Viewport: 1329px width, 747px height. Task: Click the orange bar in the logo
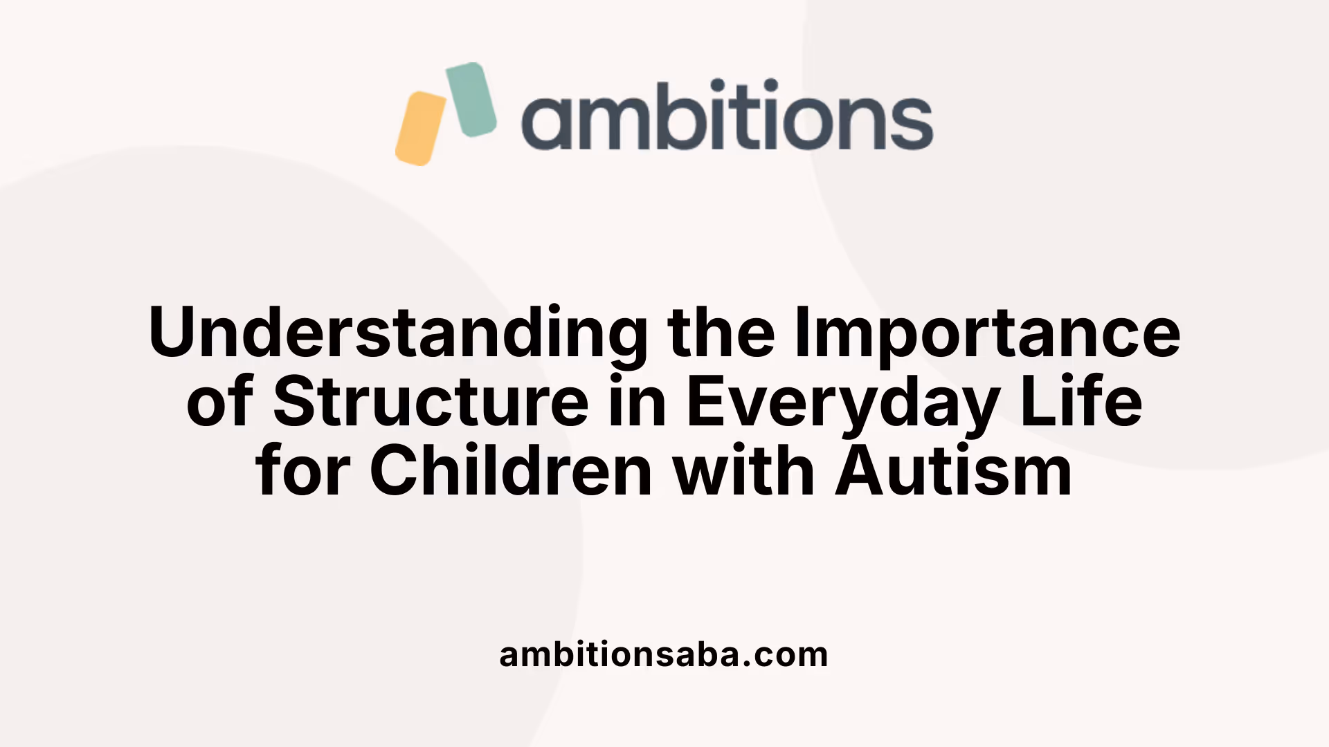[x=420, y=129]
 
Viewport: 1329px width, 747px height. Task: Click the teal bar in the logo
[x=471, y=100]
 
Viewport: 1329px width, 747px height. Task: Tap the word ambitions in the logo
[x=727, y=116]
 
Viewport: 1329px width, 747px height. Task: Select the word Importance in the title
[x=987, y=332]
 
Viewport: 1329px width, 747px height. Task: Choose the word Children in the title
[x=511, y=472]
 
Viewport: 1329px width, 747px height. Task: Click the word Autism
[x=954, y=472]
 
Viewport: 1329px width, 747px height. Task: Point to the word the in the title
[x=721, y=332]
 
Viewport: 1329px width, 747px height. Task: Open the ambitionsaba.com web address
[x=663, y=654]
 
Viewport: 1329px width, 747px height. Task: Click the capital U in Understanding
[x=173, y=332]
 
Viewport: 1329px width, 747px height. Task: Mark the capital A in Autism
[x=858, y=472]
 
